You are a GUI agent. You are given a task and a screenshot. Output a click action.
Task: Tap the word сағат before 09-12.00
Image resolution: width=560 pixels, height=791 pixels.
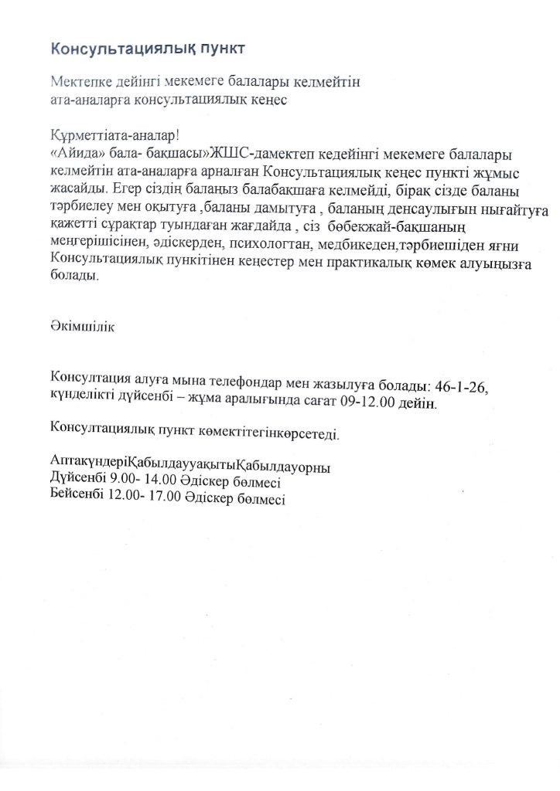[x=321, y=403]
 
